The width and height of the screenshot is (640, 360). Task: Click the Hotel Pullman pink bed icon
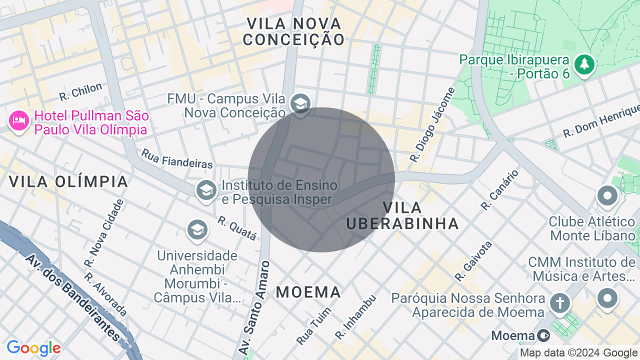(19, 120)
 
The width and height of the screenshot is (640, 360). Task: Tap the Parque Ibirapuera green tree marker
(583, 64)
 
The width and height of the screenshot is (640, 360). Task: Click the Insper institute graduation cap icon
(206, 190)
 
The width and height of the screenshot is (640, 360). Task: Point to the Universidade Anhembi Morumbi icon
(197, 230)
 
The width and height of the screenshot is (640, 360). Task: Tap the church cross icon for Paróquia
(560, 303)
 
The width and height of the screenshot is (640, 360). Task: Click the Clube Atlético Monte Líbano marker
(607, 196)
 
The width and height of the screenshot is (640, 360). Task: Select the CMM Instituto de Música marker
(607, 298)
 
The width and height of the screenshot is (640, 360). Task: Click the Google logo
(33, 348)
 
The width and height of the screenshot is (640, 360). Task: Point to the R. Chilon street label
(80, 91)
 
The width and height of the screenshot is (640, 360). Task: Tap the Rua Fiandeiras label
(177, 158)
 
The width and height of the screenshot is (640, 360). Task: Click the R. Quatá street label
(237, 228)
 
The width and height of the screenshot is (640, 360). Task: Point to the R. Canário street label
(499, 189)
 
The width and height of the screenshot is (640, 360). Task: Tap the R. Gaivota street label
(473, 261)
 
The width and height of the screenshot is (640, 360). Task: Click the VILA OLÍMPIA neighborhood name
(69, 181)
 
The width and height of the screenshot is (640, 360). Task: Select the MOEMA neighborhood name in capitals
(308, 292)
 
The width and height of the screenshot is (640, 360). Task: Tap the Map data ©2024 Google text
(578, 353)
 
